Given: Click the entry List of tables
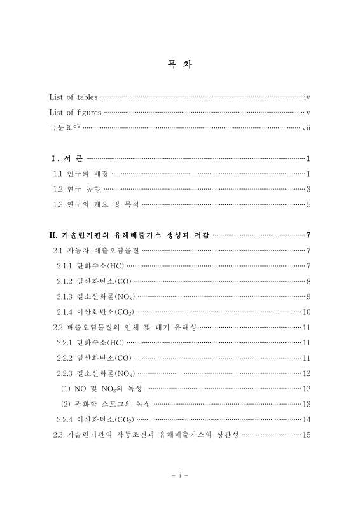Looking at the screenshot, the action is pyautogui.click(x=73, y=97).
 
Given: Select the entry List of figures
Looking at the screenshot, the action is pyautogui.click(x=75, y=113).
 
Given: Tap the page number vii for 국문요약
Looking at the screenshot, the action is pyautogui.click(x=305, y=128).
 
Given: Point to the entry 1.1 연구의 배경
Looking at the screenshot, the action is pyautogui.click(x=80, y=174).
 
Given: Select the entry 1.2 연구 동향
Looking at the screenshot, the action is pyautogui.click(x=76, y=189).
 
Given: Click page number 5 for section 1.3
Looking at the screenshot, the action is pyautogui.click(x=308, y=204).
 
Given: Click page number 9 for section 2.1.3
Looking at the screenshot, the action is pyautogui.click(x=308, y=296).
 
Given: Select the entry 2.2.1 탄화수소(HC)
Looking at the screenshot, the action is pyautogui.click(x=90, y=342).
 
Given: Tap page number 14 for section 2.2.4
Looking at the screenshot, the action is pyautogui.click(x=306, y=419).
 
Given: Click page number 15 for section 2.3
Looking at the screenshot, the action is pyautogui.click(x=306, y=435).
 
